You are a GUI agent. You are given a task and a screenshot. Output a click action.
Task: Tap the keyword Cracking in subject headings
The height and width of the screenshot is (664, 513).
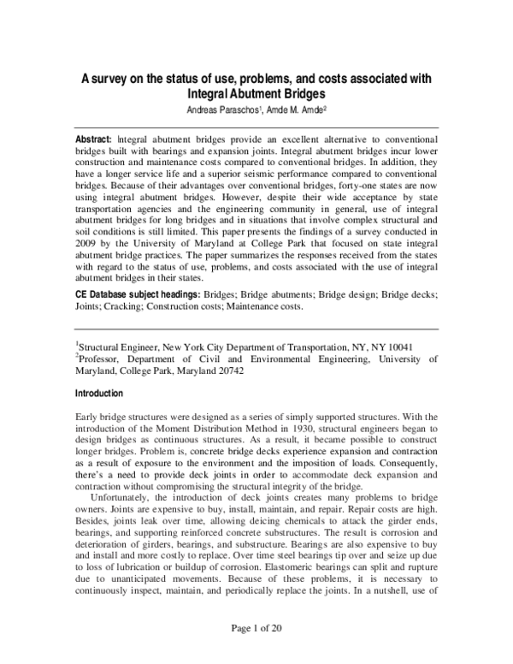click(x=111, y=306)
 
